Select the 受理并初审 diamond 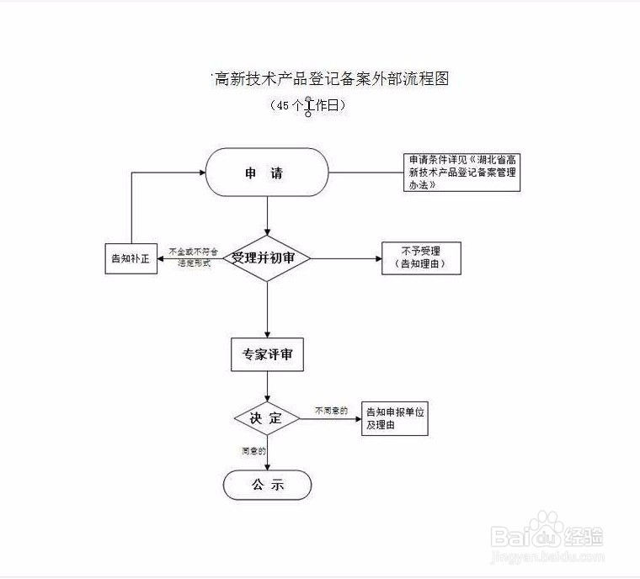pyautogui.click(x=268, y=258)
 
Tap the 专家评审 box pyautogui.click(x=267, y=355)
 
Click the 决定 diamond pyautogui.click(x=267, y=417)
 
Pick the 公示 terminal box pyautogui.click(x=267, y=485)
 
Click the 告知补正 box pyautogui.click(x=130, y=258)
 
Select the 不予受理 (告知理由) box pyautogui.click(x=422, y=258)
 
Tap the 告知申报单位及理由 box pyautogui.click(x=394, y=418)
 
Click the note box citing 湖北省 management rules pyautogui.click(x=461, y=172)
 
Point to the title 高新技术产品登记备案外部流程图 pyautogui.click(x=331, y=79)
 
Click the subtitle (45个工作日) pyautogui.click(x=308, y=106)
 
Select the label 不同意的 pyautogui.click(x=331, y=410)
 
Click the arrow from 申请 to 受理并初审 pyautogui.click(x=268, y=215)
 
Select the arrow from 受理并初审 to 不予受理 pyautogui.click(x=345, y=258)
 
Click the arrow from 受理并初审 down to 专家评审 pyautogui.click(x=268, y=310)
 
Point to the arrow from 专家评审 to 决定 pyautogui.click(x=268, y=387)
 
